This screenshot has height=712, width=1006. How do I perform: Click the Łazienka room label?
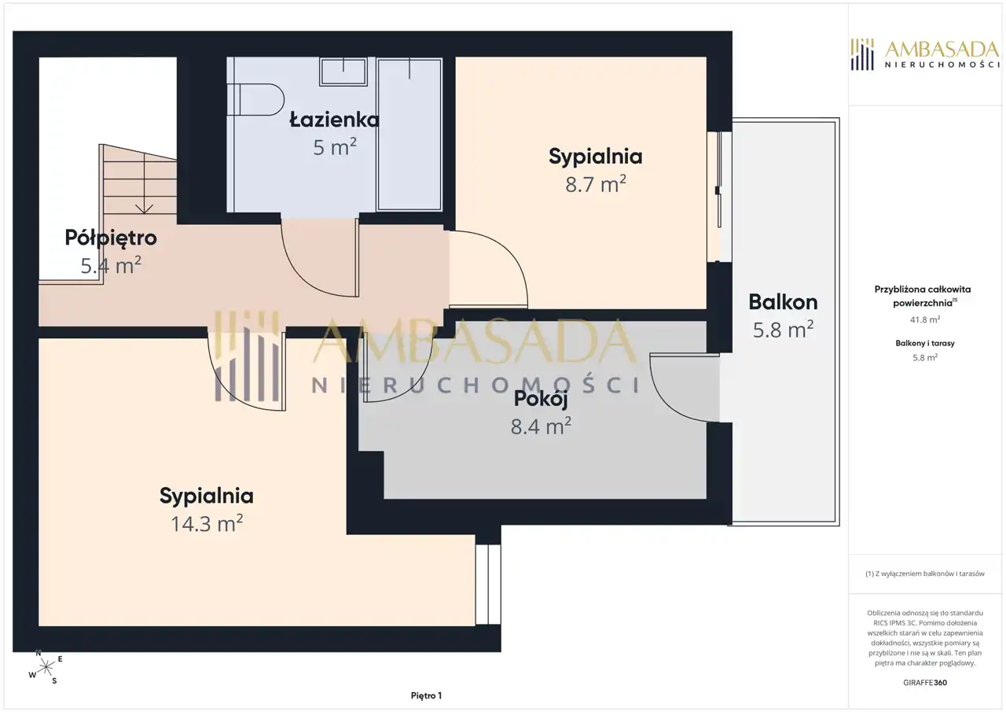point(334,120)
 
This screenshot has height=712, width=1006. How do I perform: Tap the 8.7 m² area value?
point(596,184)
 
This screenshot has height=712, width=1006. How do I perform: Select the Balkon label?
point(783,302)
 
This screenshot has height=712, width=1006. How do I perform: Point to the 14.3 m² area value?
point(207,524)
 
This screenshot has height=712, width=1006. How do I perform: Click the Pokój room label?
point(541,399)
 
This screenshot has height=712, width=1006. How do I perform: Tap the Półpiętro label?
point(111,238)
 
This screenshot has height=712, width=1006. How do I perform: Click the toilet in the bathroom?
point(255,99)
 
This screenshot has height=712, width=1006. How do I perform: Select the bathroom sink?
point(343,72)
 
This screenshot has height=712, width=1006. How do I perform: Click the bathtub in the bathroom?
point(409,134)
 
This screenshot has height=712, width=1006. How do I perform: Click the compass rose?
point(46,667)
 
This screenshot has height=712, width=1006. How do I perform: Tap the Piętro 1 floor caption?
point(426,695)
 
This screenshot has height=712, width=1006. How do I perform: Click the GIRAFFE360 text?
point(925,682)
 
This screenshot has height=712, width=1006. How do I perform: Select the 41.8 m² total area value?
point(925,319)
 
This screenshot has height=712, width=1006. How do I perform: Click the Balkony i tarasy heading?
point(925,343)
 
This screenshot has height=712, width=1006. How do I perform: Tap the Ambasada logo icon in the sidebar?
point(862,54)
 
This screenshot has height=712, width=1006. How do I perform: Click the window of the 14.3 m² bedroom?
point(488,585)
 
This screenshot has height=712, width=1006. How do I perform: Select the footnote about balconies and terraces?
point(925,574)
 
